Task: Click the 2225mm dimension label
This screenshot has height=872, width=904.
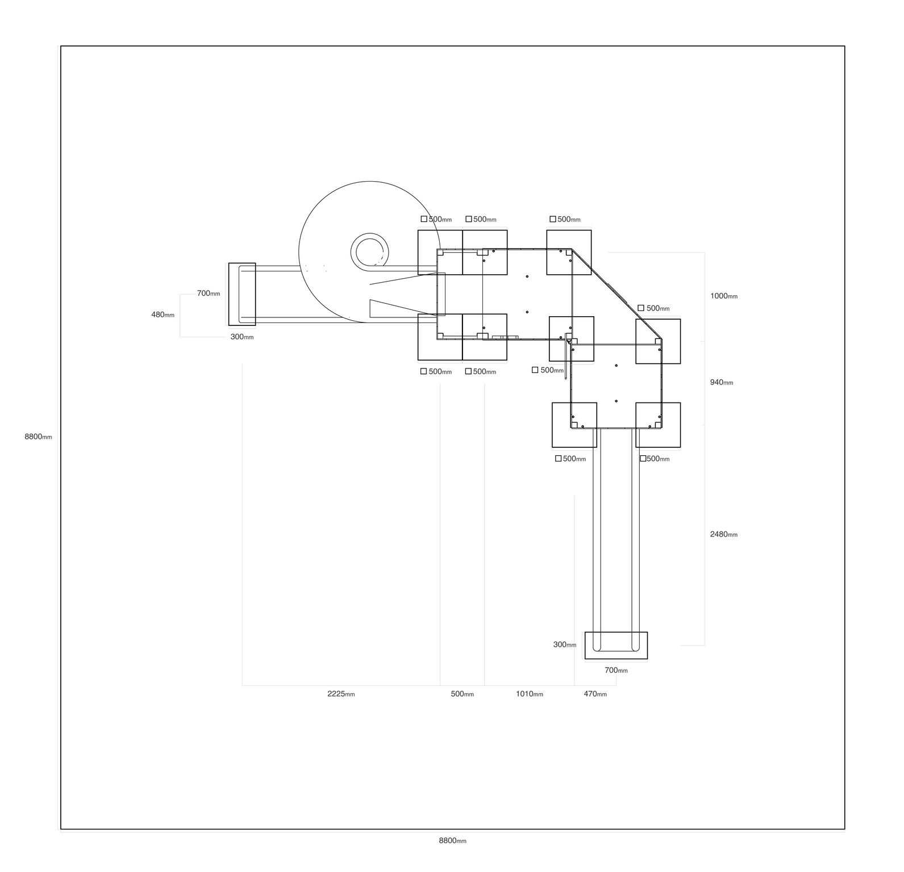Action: click(341, 694)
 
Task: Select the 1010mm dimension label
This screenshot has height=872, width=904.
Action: click(529, 694)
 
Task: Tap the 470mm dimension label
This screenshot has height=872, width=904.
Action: click(595, 694)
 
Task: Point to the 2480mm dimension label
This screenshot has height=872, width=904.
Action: click(724, 534)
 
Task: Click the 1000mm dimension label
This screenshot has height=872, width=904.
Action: click(724, 296)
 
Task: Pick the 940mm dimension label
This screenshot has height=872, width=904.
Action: click(722, 382)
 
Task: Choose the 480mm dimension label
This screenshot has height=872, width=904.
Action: click(163, 315)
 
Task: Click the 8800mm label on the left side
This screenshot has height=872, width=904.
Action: click(38, 437)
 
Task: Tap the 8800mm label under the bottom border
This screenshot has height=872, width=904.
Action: click(452, 841)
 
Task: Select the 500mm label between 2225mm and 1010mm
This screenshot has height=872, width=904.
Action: click(462, 694)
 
